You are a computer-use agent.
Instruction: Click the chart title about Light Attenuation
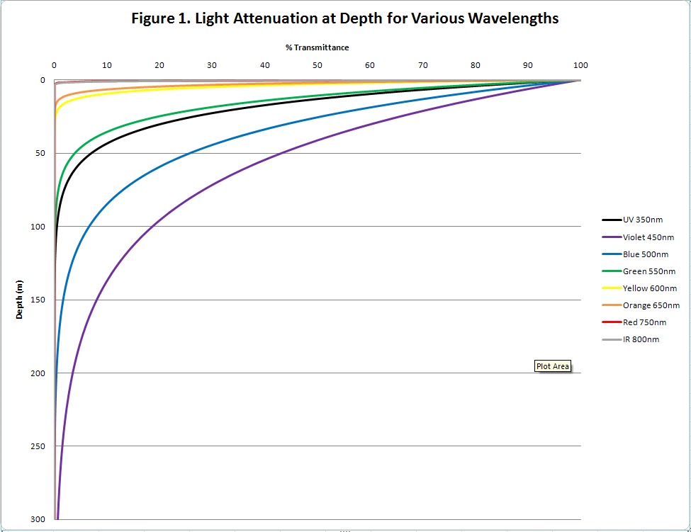345,19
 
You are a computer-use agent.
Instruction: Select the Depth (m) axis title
20,300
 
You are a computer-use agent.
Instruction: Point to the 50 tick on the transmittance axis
317,65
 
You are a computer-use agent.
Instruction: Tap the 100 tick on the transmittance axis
580,65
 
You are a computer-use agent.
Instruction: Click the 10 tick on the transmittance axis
106,65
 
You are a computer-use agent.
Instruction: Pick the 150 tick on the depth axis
39,300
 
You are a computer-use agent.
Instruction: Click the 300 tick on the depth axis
39,519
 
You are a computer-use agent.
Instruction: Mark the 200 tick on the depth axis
39,373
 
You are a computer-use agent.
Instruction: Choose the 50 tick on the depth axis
41,153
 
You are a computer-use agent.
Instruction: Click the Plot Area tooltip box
553,366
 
